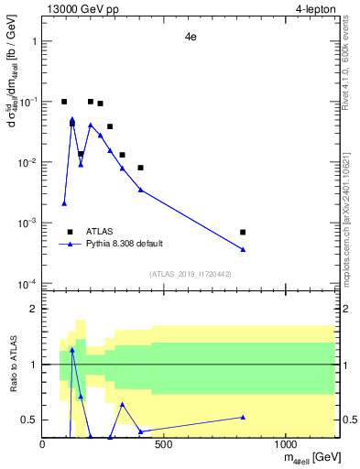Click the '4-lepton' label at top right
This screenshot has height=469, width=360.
[314, 9]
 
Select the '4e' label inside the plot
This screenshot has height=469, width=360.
[190, 38]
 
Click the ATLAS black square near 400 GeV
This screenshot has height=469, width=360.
[140, 168]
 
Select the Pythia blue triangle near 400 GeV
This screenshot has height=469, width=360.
[140, 190]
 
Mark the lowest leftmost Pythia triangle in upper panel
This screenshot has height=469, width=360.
[64, 203]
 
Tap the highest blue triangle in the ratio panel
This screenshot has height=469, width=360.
[72, 350]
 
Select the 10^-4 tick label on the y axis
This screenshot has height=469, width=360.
[26, 283]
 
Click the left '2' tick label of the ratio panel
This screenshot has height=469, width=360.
[34, 310]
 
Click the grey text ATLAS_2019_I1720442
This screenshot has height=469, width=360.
[190, 274]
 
